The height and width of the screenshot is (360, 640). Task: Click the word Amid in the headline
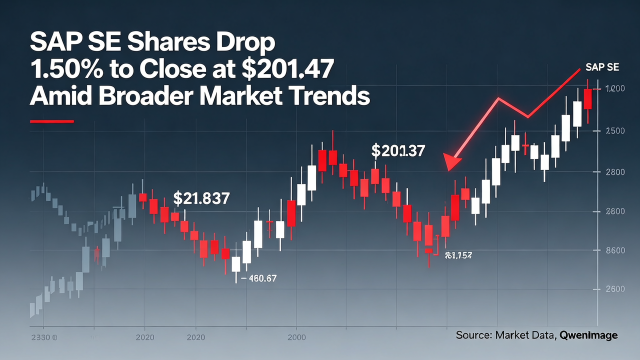point(62,96)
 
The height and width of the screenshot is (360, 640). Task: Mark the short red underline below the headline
point(51,121)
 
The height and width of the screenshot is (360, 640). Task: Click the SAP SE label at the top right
point(602,68)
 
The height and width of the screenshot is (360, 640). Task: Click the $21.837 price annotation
point(201,198)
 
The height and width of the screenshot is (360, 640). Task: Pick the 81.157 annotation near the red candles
point(458,255)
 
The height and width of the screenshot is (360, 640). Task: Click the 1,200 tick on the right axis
point(615,89)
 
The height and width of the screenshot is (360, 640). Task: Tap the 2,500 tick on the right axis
point(615,131)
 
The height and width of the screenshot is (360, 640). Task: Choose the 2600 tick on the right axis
point(615,289)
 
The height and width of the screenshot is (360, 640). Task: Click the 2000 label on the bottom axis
point(297,337)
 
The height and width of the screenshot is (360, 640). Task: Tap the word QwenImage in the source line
point(589,335)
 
